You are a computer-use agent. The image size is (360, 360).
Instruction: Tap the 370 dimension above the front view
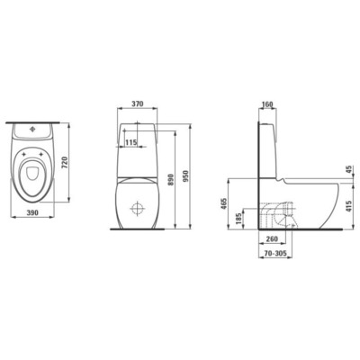[138, 105]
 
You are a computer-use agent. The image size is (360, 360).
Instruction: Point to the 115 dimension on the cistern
[132, 141]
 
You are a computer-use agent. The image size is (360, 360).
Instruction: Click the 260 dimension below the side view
[272, 240]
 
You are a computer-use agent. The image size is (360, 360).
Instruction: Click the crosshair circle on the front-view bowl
[138, 210]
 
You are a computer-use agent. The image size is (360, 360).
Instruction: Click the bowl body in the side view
[315, 202]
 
